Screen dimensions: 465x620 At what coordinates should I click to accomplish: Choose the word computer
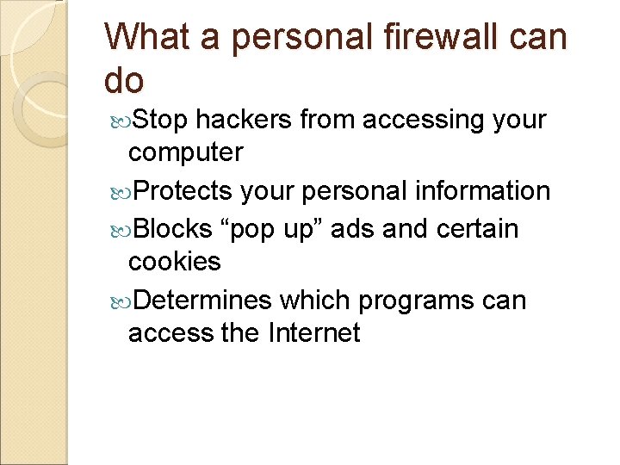click(185, 153)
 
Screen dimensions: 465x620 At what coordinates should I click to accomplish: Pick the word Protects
click(183, 190)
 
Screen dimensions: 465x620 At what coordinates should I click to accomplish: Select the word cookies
click(174, 262)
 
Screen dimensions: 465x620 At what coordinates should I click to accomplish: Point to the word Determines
click(203, 300)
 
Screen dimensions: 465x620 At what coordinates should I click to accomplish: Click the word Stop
click(162, 120)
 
